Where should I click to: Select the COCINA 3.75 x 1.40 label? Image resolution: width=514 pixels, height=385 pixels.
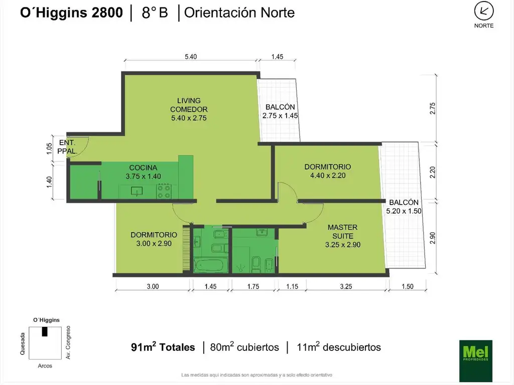[143, 172]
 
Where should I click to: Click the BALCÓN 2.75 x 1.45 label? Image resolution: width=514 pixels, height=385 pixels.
[280, 111]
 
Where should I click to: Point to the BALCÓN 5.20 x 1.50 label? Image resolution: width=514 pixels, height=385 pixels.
[404, 207]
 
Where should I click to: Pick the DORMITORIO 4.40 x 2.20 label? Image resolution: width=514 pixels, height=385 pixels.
[328, 171]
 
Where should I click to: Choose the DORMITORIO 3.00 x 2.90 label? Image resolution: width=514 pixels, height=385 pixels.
[154, 239]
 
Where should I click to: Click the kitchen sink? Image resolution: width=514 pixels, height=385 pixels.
[136, 191]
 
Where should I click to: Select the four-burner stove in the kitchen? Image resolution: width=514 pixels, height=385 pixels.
[164, 191]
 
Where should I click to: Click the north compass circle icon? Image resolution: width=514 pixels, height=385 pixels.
[484, 11]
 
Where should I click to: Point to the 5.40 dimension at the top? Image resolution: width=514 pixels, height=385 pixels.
[190, 57]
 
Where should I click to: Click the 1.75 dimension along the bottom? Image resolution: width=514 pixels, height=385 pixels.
[253, 286]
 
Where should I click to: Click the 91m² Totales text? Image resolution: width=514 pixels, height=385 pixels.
[163, 347]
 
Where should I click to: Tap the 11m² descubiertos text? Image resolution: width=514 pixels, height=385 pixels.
[339, 347]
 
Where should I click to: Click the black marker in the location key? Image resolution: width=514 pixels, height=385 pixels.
[45, 331]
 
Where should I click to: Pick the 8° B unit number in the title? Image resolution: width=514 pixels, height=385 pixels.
[155, 13]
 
